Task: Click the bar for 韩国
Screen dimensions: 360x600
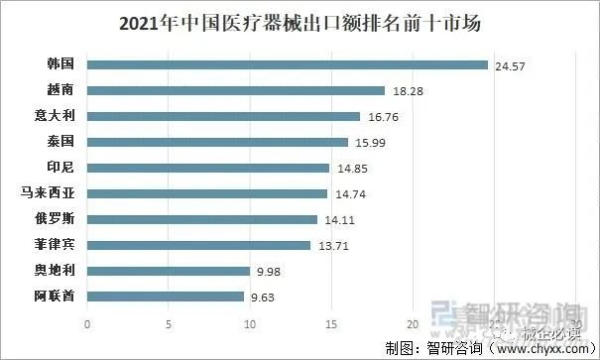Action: (x=288, y=64)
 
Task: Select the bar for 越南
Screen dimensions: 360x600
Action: (x=236, y=90)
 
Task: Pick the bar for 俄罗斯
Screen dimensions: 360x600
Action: (x=202, y=219)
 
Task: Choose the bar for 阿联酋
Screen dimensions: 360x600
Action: (x=166, y=296)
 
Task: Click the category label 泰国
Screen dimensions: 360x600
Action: (x=60, y=142)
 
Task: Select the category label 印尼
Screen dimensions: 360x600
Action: (x=60, y=168)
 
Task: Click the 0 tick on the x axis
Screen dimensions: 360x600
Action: (x=87, y=323)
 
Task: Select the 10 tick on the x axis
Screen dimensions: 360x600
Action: (x=250, y=323)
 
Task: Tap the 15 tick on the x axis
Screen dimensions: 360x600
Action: (x=331, y=323)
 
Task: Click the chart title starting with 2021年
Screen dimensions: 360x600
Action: (x=300, y=21)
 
